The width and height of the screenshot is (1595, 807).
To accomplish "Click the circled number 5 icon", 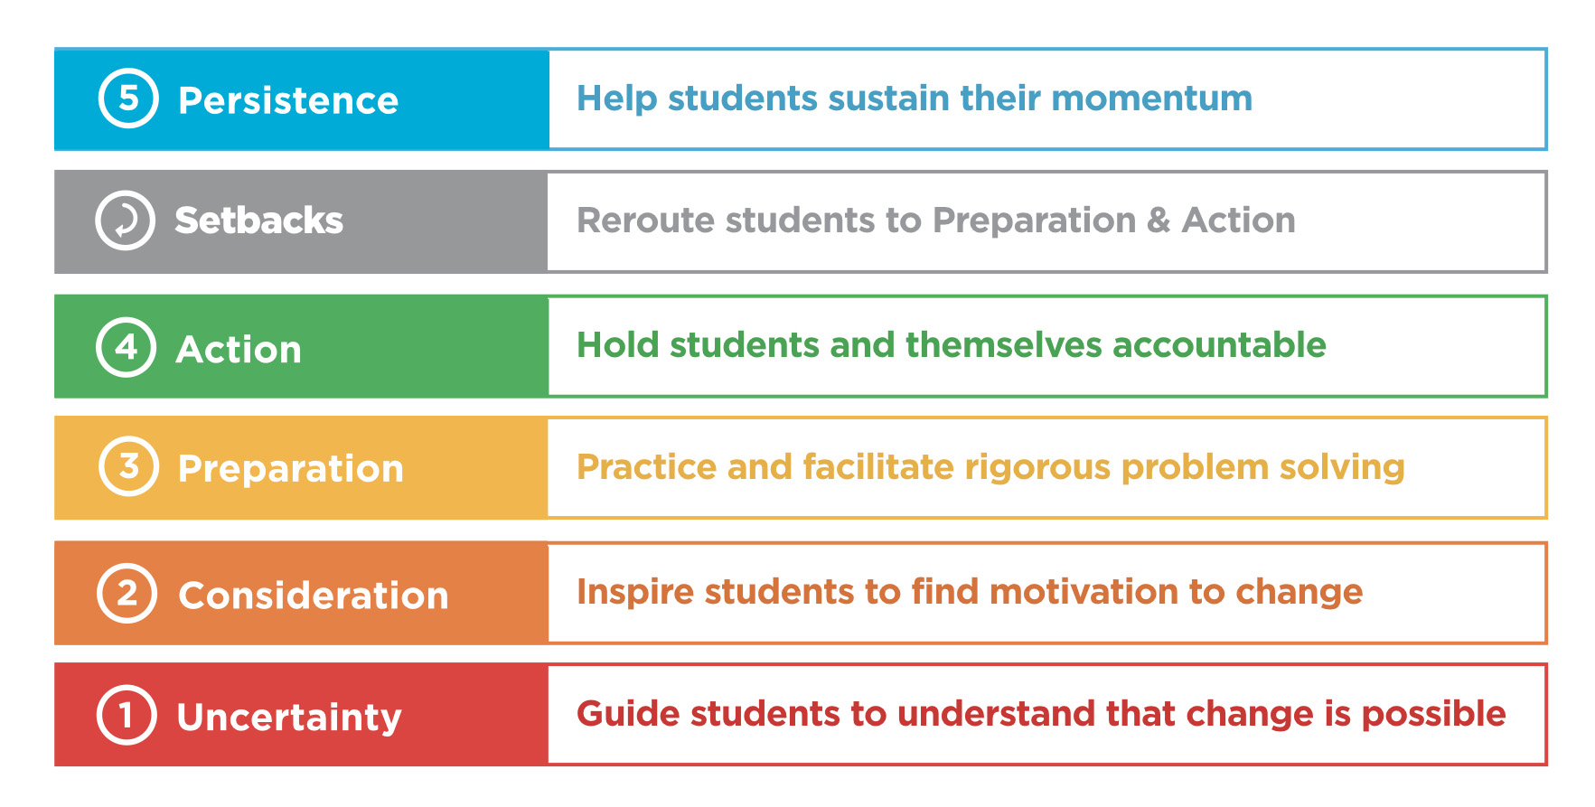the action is [128, 98].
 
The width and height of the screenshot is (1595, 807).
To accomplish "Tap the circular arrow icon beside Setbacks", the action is [126, 220].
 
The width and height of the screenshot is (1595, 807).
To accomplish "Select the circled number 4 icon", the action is [127, 347].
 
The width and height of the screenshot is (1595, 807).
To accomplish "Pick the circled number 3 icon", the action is [128, 466].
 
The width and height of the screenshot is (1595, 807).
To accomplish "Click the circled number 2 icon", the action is [127, 594].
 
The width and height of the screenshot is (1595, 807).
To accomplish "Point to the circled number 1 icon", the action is [127, 715].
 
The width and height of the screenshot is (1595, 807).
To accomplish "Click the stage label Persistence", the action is [288, 100].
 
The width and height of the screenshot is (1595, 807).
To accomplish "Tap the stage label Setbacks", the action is [258, 221].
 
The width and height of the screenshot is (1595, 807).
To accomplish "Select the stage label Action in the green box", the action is [239, 350].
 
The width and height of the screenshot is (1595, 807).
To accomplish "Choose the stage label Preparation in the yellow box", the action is [290, 470].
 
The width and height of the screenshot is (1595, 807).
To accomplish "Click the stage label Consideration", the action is [314, 596].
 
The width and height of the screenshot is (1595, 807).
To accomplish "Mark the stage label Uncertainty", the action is [289, 718].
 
